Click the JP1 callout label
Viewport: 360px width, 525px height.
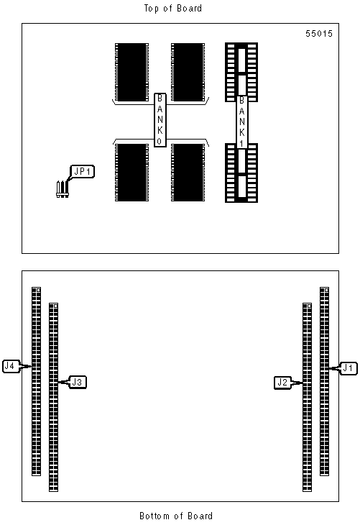(82, 171)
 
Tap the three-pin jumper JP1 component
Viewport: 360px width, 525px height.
(63, 189)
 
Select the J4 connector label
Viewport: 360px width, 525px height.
(10, 366)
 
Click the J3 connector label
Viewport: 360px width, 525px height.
(78, 382)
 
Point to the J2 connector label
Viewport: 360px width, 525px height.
(282, 383)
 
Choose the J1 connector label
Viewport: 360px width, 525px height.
(349, 368)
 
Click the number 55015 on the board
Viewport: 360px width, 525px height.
(319, 34)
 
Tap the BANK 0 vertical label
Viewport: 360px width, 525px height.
(160, 120)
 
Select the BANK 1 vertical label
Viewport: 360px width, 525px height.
(241, 122)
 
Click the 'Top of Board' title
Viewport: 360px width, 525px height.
(173, 9)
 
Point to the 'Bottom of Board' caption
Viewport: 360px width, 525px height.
(176, 516)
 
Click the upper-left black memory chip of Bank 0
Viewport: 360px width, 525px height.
(131, 72)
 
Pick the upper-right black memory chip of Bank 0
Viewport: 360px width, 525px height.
(188, 72)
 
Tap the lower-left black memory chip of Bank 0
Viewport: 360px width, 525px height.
(131, 173)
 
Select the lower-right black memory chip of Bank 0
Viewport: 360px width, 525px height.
(188, 173)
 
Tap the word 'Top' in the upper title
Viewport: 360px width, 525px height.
(151, 9)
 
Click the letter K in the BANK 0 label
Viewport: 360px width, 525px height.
(160, 131)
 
